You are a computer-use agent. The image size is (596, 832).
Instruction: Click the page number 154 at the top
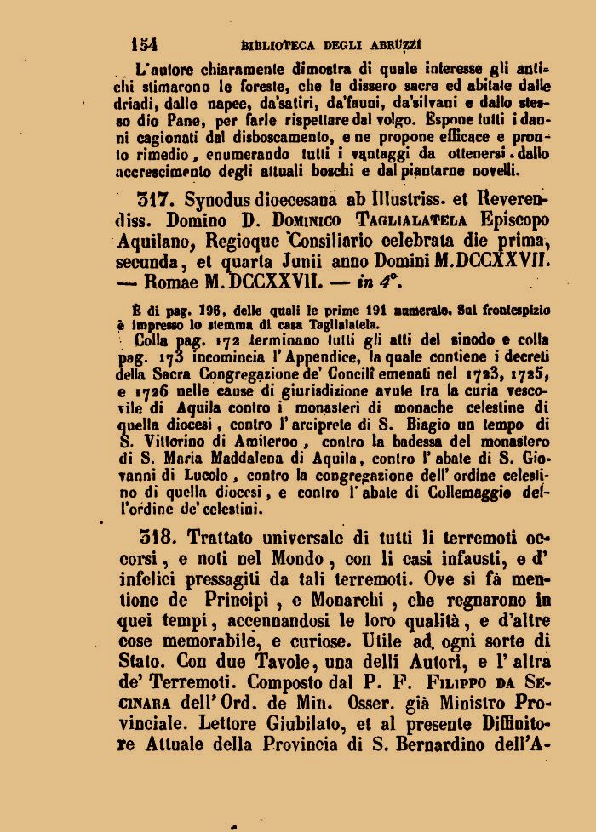tap(144, 43)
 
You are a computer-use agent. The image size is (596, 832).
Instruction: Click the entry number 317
tap(156, 201)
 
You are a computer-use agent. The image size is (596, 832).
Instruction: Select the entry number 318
tap(156, 538)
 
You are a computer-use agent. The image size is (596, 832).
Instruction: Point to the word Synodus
tap(224, 201)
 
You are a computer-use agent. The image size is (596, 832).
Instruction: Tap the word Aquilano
tap(156, 242)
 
